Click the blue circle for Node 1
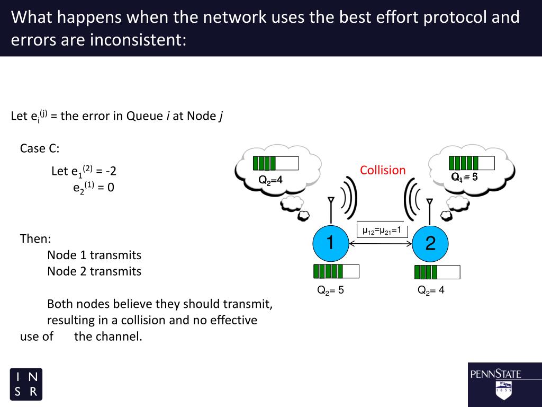(330, 244)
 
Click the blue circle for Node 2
(430, 244)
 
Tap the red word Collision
(383, 170)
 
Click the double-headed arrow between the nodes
(380, 244)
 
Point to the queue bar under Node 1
(336, 271)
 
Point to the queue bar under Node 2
(437, 272)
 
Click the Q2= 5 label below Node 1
(330, 290)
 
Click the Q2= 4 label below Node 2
(431, 290)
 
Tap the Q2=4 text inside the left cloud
(270, 180)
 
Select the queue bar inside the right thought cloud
(472, 163)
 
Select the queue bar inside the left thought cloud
(275, 163)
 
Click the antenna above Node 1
(331, 209)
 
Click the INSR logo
(26, 384)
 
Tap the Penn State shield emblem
(503, 390)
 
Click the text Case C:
(40, 148)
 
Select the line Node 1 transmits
(94, 255)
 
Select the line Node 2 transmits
(94, 271)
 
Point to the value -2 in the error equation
(111, 171)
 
